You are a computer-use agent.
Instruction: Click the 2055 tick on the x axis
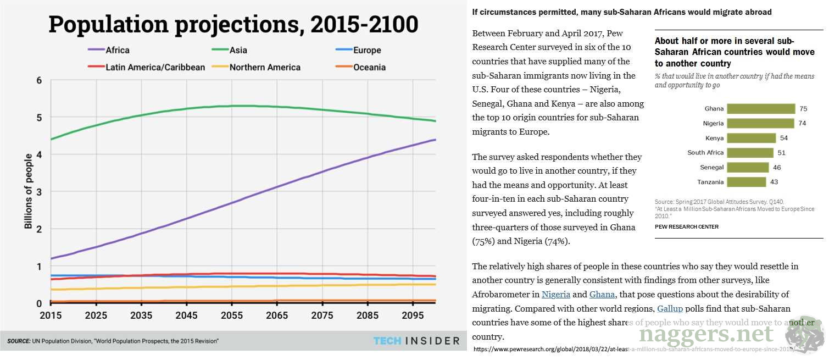point(232,316)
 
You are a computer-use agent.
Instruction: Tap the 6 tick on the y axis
point(38,80)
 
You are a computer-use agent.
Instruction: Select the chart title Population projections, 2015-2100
point(233,24)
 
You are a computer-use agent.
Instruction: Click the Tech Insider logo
point(416,341)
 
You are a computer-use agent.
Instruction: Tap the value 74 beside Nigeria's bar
point(802,124)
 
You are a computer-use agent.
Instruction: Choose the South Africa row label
point(705,153)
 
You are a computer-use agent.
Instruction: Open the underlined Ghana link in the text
point(602,294)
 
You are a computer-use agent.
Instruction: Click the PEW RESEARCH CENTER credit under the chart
point(686,226)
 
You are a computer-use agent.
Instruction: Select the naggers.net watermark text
point(706,333)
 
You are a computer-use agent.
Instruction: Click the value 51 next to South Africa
point(781,153)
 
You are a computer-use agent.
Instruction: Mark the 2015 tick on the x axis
point(51,316)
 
